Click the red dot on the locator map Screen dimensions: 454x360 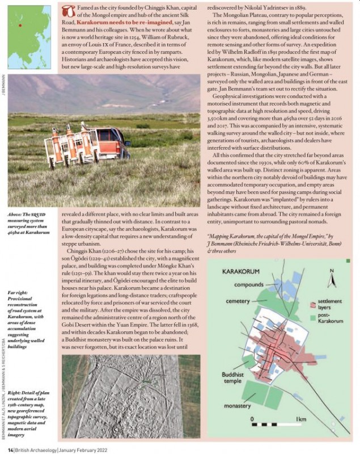(20, 25)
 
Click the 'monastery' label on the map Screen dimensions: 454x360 (236, 406)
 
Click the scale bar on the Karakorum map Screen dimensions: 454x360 (274, 424)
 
